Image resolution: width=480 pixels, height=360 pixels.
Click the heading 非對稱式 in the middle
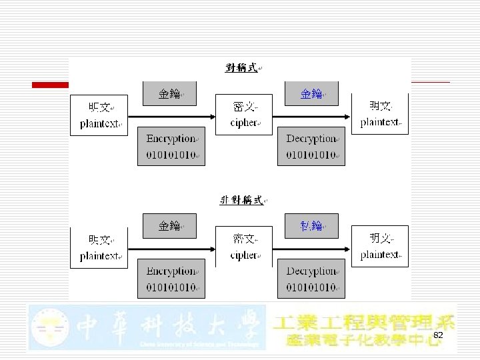241,200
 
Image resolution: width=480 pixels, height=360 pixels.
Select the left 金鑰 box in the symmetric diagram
170,94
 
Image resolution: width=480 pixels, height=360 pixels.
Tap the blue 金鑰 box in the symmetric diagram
311,94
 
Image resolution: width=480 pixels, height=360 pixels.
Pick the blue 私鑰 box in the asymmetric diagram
311,226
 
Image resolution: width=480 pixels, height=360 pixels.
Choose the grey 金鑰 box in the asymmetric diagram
170,226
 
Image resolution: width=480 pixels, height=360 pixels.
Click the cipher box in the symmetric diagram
244,115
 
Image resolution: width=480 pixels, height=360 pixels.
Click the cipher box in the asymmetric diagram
244,247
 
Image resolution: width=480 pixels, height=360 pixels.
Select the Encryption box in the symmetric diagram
171,146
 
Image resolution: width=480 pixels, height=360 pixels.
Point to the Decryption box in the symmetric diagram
311,146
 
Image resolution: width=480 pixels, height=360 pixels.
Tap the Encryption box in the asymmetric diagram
171,278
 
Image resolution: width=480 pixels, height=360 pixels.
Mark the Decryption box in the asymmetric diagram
311,278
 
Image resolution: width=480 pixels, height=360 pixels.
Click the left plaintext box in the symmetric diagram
99,115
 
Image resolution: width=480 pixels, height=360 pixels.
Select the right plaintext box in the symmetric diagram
380,114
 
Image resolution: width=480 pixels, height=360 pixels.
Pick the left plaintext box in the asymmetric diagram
99,247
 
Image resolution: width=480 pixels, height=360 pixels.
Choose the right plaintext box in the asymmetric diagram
380,247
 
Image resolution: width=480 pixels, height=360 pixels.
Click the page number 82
438,335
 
